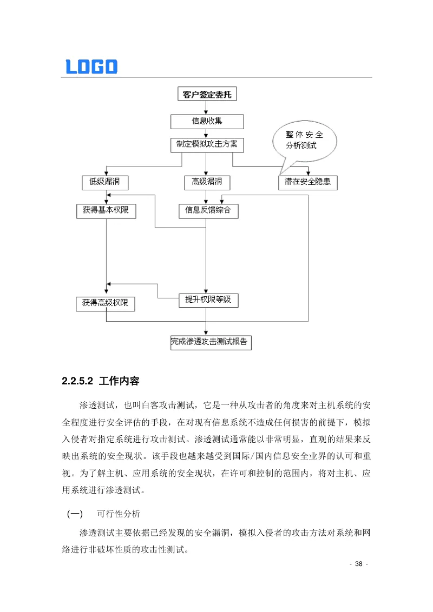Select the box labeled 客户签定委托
coord(207,94)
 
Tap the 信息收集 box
coord(207,121)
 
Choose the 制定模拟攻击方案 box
coord(207,145)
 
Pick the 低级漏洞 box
coord(105,182)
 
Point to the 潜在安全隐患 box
coord(307,182)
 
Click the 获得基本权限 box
coord(106,211)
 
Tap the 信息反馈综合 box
coord(208,211)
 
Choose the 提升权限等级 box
coord(208,300)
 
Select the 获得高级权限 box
coord(105,304)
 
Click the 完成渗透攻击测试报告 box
coord(211,342)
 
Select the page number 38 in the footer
coord(358,564)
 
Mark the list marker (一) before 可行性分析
coord(74,514)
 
